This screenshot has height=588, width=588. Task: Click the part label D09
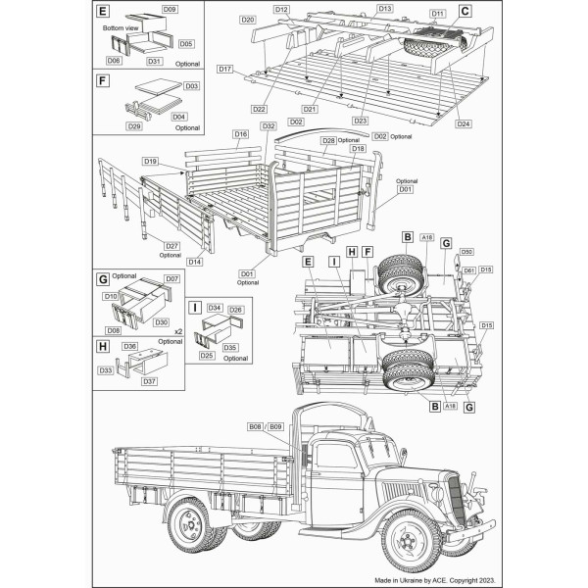coord(170,9)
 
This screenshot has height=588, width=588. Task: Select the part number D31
coord(154,61)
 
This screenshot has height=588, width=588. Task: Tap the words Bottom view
coord(122,28)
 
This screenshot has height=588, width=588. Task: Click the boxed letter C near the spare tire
coord(465,11)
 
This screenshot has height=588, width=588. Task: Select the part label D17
coord(225,69)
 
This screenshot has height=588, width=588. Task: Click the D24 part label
coord(464,123)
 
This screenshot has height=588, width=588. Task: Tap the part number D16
coord(240,133)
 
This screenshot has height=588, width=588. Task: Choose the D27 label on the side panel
coord(171,246)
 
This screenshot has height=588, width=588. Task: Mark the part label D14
coord(195,262)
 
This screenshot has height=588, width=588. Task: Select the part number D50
coord(467,252)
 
